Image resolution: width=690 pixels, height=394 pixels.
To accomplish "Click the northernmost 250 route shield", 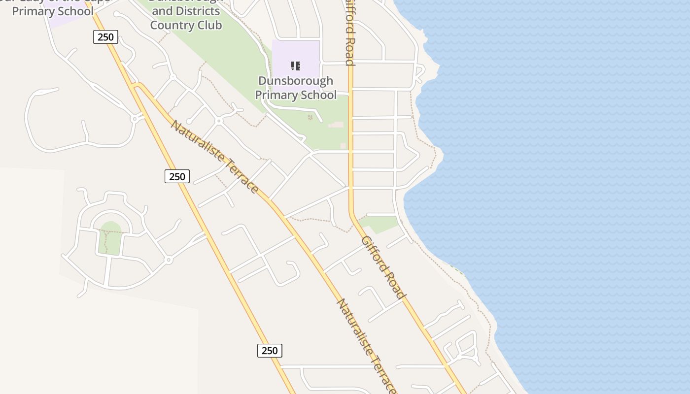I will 105,37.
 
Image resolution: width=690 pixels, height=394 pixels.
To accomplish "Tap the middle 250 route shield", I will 177,176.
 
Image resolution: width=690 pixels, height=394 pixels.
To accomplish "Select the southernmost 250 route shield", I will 270,351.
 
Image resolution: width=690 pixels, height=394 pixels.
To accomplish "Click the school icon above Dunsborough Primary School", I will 296,66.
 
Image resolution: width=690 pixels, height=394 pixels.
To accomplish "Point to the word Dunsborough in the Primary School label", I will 296,81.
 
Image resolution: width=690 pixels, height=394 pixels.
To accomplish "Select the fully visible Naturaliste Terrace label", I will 214,156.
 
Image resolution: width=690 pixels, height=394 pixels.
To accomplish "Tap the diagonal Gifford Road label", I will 383,267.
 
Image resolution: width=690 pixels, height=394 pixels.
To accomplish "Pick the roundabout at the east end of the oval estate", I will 169,260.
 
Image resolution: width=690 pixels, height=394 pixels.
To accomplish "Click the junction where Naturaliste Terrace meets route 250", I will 137,87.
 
